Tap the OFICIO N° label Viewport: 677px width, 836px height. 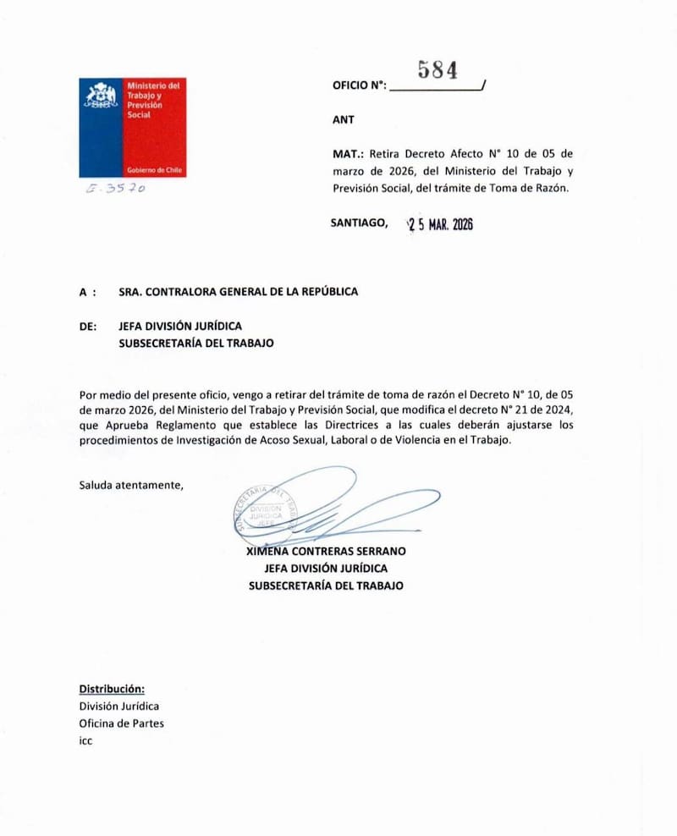coord(360,85)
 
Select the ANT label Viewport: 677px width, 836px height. coord(344,120)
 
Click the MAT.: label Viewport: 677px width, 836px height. coord(349,154)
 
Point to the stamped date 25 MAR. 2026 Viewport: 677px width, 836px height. coord(440,225)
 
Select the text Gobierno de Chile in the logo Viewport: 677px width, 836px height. coord(154,169)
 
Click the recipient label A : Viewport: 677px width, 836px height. coord(87,291)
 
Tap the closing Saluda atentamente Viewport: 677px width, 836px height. coord(130,485)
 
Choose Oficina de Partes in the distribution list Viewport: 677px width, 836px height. coord(122,723)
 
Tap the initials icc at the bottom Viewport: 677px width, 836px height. coord(85,740)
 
